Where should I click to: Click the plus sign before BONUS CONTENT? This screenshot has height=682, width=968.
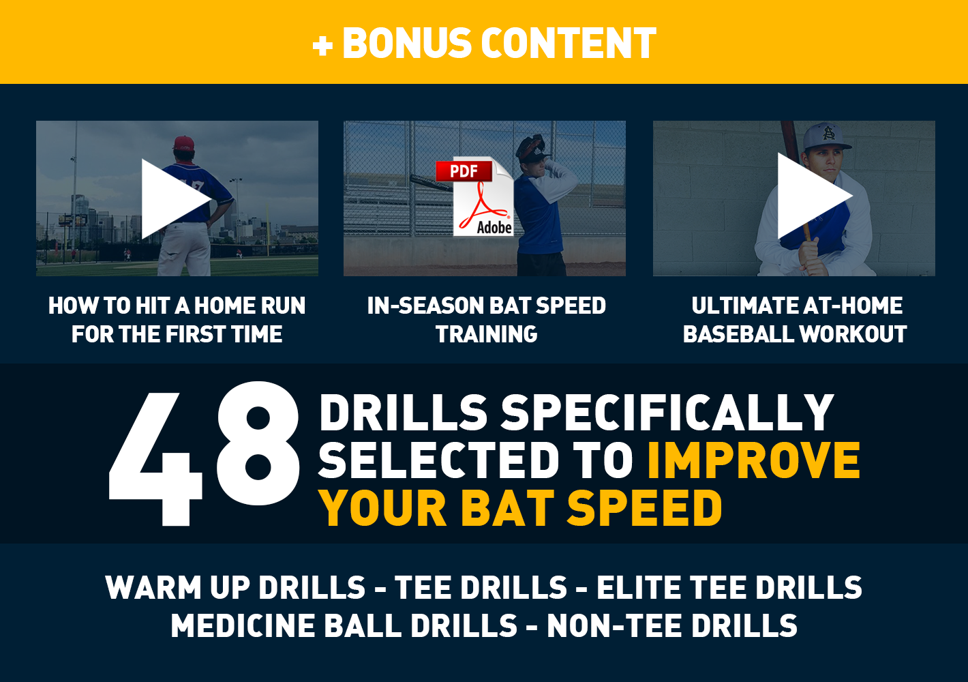(322, 45)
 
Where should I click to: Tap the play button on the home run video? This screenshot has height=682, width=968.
(175, 198)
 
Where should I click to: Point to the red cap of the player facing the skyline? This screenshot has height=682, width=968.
(184, 143)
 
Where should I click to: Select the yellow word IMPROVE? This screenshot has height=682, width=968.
(753, 460)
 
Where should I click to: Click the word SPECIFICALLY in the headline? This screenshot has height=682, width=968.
(667, 413)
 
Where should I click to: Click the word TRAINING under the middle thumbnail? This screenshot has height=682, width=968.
(486, 334)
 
